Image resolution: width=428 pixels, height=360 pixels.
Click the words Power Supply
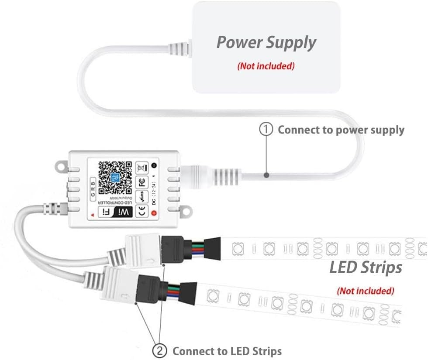click(266, 43)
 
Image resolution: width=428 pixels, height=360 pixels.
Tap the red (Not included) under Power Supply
click(266, 66)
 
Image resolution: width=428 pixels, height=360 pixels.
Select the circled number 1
click(266, 130)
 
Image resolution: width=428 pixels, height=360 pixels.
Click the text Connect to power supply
click(341, 130)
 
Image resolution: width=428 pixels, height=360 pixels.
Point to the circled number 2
click(159, 350)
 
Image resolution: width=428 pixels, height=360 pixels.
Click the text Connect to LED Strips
click(227, 351)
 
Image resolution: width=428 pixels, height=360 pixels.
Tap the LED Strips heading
click(366, 267)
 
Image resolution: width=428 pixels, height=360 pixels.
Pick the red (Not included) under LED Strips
click(366, 291)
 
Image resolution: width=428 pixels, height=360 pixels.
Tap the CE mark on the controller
click(141, 212)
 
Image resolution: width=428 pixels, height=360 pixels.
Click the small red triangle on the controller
click(93, 215)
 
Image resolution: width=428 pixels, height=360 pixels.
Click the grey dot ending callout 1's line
click(266, 175)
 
